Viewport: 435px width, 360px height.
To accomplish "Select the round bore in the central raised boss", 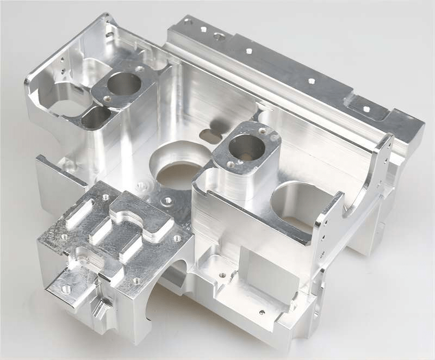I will pos(246,147).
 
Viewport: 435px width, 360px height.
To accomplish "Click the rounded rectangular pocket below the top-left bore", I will pos(96,117).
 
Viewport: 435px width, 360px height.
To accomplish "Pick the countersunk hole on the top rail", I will pos(219,37).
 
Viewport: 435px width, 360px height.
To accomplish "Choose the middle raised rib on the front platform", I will pos(101,230).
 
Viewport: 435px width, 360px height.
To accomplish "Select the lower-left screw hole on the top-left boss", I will pos(107,100).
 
